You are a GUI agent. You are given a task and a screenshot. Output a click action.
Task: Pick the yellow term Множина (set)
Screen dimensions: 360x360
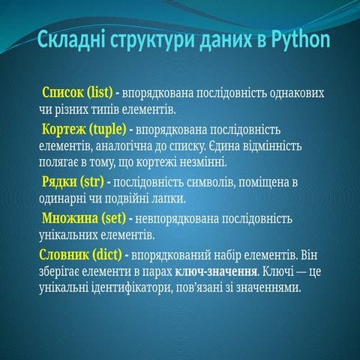coord(82,218)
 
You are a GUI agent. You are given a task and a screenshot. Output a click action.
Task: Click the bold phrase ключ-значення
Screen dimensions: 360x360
coord(213,271)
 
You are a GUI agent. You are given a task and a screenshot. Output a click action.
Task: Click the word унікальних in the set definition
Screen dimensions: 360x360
coord(68,235)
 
